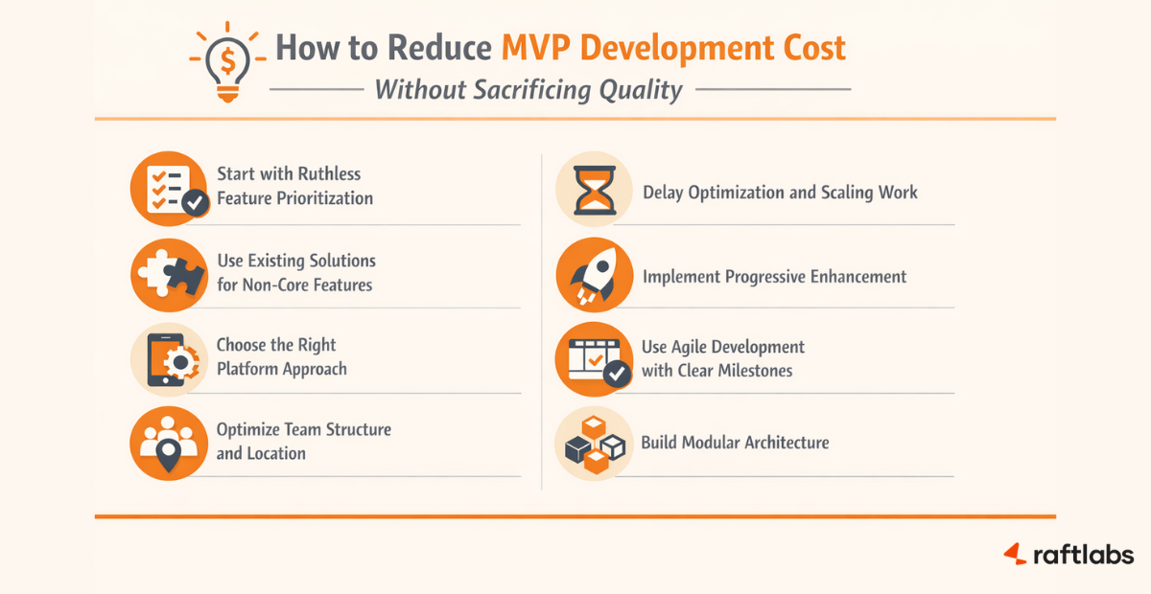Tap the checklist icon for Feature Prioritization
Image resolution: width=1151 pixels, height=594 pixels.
169,187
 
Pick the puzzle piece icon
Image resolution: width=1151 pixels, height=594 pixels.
168,273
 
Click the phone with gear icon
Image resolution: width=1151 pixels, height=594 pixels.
168,357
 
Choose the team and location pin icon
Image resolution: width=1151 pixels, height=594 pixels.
168,442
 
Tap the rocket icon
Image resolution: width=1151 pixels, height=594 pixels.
594,275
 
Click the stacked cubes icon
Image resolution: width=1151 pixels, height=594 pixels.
594,443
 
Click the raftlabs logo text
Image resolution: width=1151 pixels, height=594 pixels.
1082,554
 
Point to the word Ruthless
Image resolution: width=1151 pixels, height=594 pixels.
328,173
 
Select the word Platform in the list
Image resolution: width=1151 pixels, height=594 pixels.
248,369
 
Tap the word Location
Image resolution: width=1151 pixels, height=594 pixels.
275,453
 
